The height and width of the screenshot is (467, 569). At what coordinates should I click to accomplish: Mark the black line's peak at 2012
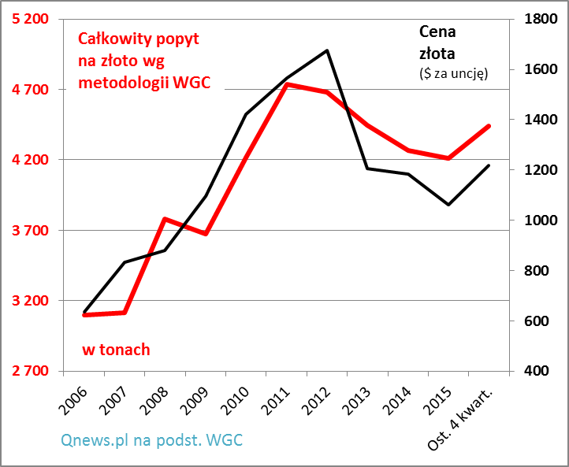326,50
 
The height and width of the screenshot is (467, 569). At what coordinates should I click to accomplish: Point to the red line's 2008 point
164,218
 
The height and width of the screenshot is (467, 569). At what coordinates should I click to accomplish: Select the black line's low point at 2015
448,205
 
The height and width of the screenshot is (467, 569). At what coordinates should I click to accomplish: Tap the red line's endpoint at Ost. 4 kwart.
489,126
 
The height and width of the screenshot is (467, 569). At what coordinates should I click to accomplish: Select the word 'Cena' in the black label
437,32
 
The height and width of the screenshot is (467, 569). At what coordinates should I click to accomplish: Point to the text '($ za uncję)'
453,73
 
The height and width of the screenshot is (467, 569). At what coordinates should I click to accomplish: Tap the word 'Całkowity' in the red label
111,39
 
